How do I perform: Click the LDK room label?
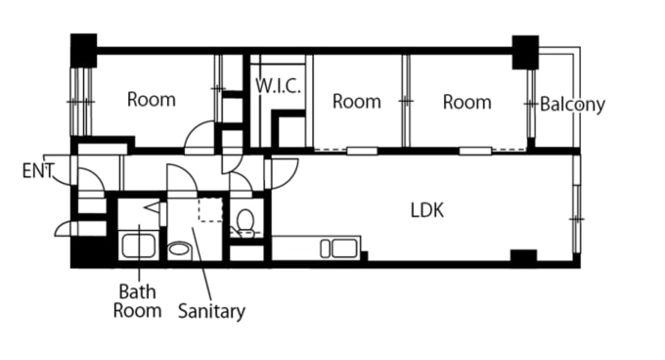tap(427, 210)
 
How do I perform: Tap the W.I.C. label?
tap(278, 86)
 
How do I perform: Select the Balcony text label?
tap(572, 105)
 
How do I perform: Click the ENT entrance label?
tap(38, 171)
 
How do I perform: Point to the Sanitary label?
tap(211, 311)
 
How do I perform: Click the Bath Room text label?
tap(138, 301)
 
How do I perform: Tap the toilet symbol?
tap(245, 222)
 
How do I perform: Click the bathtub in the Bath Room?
tap(139, 247)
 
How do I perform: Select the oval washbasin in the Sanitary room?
tap(179, 248)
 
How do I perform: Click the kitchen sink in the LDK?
tap(339, 248)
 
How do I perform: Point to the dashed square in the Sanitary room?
tap(211, 209)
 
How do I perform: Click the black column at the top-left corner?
tap(83, 50)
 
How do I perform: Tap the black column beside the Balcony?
tap(525, 52)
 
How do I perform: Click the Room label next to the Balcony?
tap(467, 102)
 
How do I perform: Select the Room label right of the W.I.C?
tap(357, 102)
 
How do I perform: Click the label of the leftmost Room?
tap(152, 100)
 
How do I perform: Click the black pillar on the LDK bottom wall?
tap(523, 256)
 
